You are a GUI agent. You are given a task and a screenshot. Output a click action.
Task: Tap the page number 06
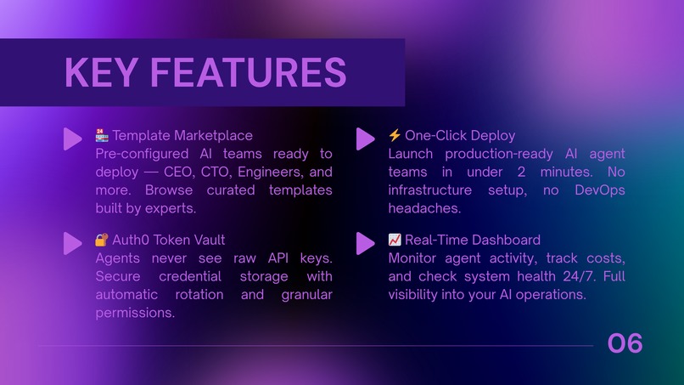625,343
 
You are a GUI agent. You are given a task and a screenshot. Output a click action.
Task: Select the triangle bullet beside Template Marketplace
72,139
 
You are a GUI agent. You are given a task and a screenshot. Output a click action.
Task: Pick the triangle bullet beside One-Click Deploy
365,139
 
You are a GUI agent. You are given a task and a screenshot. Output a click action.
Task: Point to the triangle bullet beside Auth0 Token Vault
72,243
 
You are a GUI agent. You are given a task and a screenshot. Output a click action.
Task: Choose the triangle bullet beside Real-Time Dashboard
365,243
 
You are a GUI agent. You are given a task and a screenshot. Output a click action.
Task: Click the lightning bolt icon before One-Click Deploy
395,135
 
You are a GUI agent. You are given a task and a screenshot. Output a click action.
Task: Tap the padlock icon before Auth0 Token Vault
102,240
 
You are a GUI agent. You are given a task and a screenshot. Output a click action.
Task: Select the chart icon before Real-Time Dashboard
395,240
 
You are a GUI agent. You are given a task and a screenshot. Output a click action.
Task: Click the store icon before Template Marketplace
102,135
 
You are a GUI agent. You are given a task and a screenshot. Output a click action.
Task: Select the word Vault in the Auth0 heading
207,240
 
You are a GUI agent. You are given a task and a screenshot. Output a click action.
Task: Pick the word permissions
135,313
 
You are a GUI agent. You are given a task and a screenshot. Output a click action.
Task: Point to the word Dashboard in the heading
502,240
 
